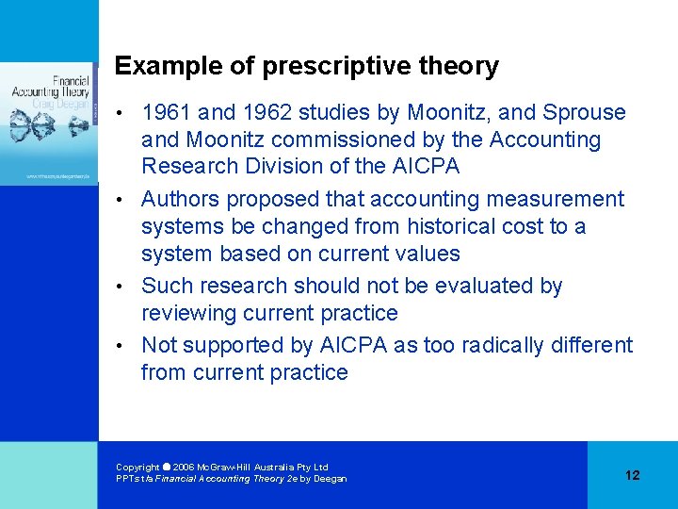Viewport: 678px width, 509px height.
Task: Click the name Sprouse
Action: [x=587, y=113]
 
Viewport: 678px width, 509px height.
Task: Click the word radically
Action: [x=499, y=345]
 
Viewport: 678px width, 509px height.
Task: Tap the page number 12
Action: [x=632, y=475]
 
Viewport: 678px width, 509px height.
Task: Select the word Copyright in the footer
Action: [x=137, y=468]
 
